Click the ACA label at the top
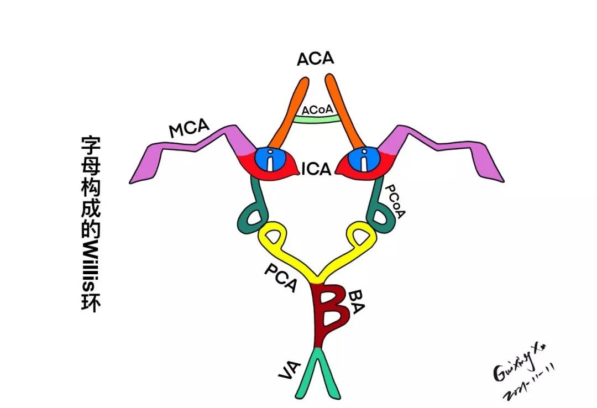[x=316, y=59]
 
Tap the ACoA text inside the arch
[x=317, y=109]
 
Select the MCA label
[x=189, y=129]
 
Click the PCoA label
[x=393, y=201]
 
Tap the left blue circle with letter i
[x=269, y=161]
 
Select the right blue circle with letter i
[x=364, y=161]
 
